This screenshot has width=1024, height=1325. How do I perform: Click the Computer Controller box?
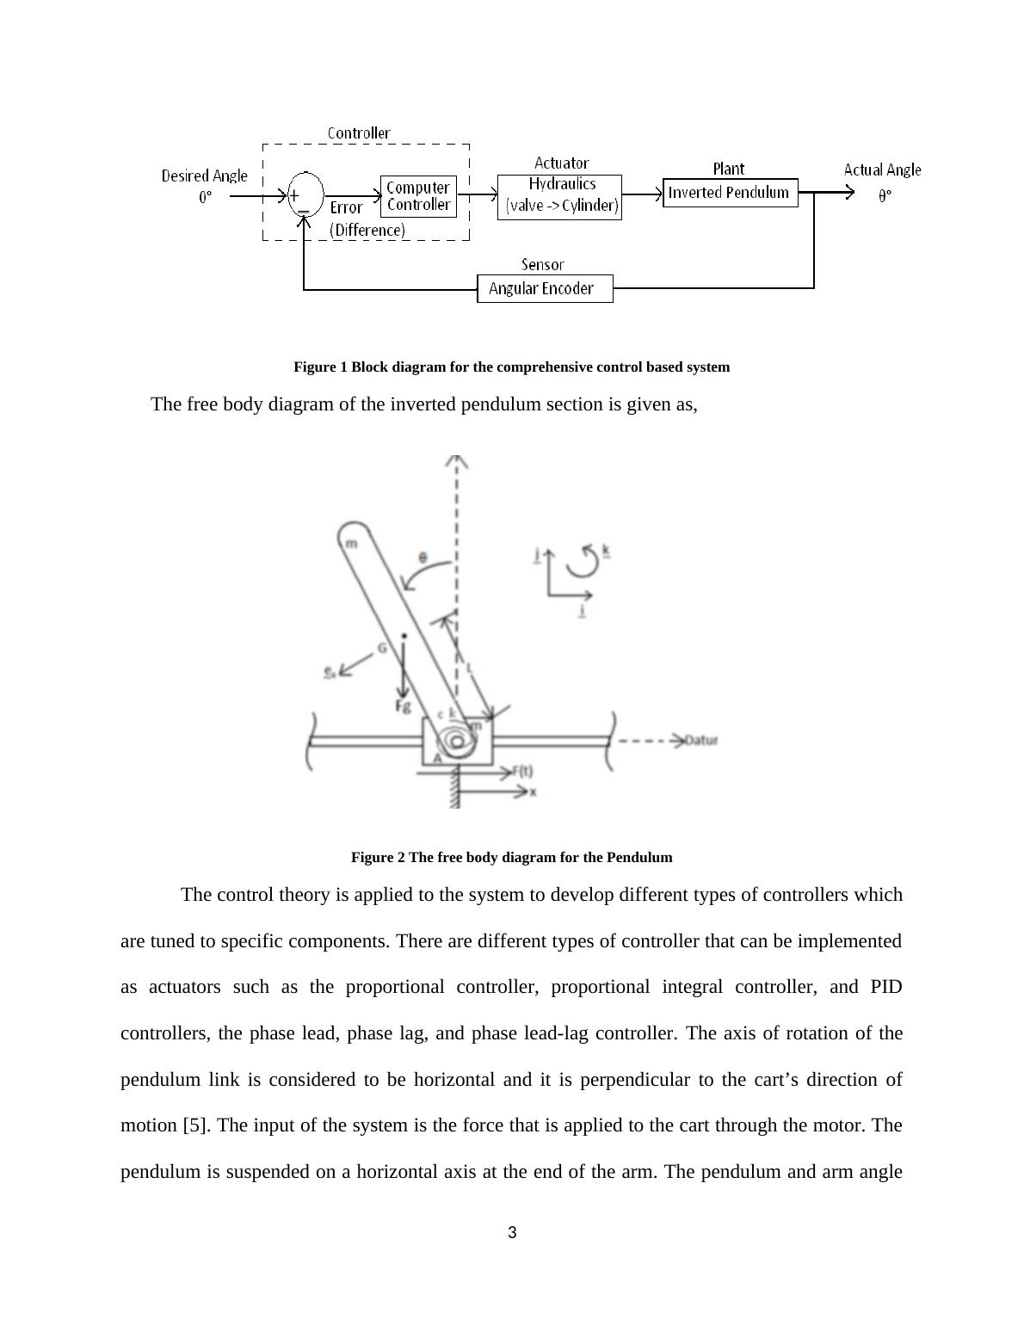[418, 196]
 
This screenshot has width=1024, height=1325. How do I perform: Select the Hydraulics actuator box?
[559, 197]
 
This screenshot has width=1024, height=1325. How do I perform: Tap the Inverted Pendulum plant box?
[730, 193]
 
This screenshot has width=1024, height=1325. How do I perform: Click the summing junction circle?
[305, 194]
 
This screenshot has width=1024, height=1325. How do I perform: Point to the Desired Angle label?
[205, 176]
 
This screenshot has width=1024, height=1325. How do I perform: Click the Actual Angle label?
[882, 170]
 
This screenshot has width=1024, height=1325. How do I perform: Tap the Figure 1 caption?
[511, 367]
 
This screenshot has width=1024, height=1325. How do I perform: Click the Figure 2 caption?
[511, 858]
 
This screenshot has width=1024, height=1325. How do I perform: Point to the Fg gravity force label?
[403, 706]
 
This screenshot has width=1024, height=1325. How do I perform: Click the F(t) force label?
[522, 771]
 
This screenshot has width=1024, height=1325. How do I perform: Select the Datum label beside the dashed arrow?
[700, 741]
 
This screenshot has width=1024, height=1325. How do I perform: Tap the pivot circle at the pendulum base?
[457, 741]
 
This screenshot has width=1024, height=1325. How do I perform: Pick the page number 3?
[512, 1233]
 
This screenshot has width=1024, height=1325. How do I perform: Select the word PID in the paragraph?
[885, 987]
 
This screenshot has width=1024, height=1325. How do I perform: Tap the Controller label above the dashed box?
[359, 133]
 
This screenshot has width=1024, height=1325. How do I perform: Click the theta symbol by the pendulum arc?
[422, 558]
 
